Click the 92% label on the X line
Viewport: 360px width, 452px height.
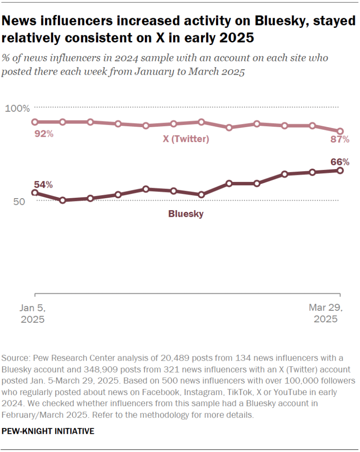(44, 134)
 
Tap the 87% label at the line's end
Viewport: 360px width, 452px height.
(340, 140)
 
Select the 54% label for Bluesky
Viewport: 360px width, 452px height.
(44, 185)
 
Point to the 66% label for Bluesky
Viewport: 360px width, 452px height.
(340, 162)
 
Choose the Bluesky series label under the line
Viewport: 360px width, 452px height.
(186, 214)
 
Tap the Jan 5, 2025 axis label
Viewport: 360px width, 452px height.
(33, 313)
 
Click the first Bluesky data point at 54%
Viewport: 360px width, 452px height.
(34, 193)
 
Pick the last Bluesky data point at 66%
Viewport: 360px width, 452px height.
(340, 170)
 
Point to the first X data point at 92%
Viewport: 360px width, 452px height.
(34, 122)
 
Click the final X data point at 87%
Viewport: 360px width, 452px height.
(340, 131)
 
